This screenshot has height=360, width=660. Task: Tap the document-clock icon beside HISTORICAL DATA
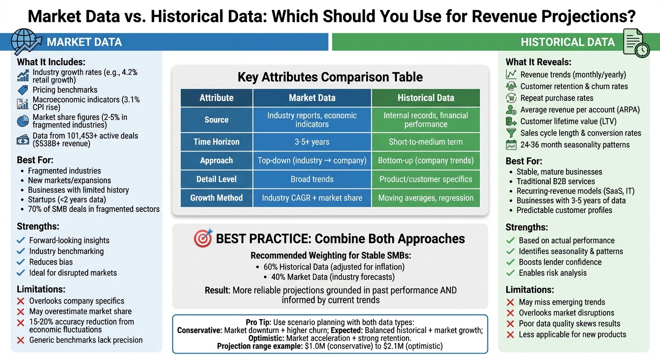click(x=635, y=43)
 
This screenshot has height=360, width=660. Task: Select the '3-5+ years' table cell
click(x=312, y=142)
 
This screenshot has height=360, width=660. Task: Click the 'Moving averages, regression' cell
click(x=426, y=198)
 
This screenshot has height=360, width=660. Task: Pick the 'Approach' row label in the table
click(x=216, y=160)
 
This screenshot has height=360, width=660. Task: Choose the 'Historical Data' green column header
click(x=426, y=98)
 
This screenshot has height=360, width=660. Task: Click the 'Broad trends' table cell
click(x=312, y=179)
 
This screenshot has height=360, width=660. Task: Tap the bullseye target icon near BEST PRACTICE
click(x=202, y=238)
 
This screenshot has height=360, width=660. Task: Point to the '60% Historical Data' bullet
click(x=334, y=267)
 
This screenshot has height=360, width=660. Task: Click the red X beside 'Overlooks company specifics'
click(x=21, y=301)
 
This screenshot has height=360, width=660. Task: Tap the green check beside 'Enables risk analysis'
click(x=510, y=273)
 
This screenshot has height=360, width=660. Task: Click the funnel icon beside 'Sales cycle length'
click(x=511, y=133)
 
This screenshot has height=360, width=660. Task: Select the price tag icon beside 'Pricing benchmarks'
click(x=22, y=90)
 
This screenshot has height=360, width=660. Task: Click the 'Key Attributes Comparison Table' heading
click(x=330, y=77)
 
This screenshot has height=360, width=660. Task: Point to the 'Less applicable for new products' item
click(x=572, y=334)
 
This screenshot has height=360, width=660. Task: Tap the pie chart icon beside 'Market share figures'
click(x=22, y=121)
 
